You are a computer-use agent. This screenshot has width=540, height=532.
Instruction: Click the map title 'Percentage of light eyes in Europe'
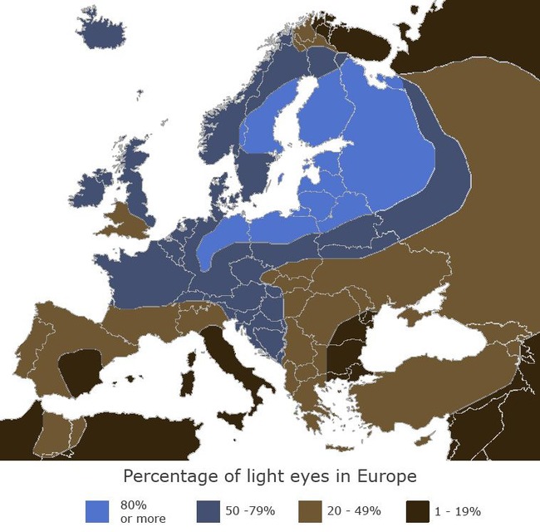tap(269, 477)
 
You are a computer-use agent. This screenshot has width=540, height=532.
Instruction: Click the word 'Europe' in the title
tap(384, 477)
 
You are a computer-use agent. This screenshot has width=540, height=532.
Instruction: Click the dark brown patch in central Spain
tap(81, 370)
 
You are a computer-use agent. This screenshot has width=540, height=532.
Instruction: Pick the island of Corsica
tap(197, 345)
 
